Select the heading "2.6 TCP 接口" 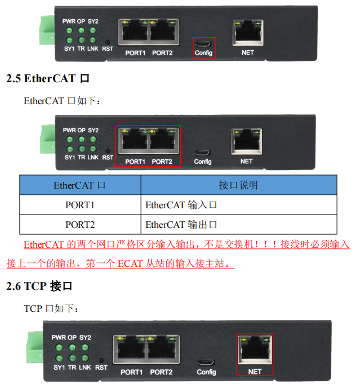[x=39, y=287]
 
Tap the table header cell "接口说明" [x=238, y=185]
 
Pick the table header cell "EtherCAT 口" [x=80, y=185]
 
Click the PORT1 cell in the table [x=80, y=205]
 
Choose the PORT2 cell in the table [x=80, y=225]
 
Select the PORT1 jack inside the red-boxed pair [x=134, y=141]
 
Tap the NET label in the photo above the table [x=247, y=162]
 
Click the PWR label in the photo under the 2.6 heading [x=59, y=337]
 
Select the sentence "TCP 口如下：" [x=52, y=308]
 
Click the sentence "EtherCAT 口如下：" [x=63, y=101]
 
